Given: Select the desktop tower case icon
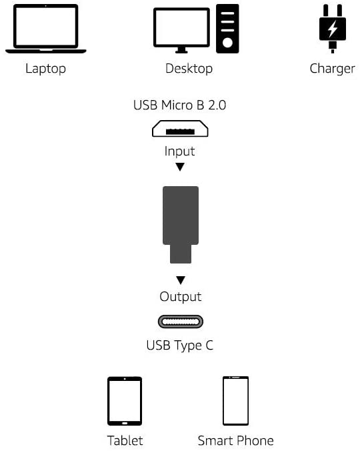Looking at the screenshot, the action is [x=227, y=29].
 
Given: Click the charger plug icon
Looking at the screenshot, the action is [x=333, y=29].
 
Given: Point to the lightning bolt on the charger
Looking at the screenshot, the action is [x=333, y=28].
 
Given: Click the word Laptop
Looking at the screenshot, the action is [x=46, y=69].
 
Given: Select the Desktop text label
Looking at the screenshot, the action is [x=189, y=69].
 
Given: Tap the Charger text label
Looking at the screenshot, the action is [x=332, y=69].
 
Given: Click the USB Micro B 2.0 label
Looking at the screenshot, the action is [x=179, y=105].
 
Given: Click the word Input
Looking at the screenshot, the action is [x=179, y=151].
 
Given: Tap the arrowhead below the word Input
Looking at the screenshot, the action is [x=180, y=167].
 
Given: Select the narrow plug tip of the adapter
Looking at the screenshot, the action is [x=181, y=254].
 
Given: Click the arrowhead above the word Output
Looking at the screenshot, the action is [x=181, y=280].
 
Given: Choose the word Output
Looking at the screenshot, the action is [x=181, y=296].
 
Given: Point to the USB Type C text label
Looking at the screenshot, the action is [x=180, y=345].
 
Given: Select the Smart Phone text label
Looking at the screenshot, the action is [x=235, y=440].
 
